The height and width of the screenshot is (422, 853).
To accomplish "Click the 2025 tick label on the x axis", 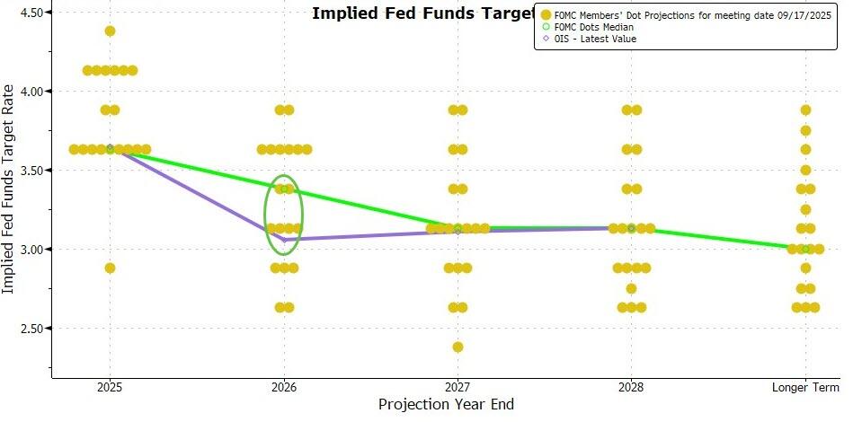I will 110,388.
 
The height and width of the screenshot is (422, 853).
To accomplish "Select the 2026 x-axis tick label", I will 284,388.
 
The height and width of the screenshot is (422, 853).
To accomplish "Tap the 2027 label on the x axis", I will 458,388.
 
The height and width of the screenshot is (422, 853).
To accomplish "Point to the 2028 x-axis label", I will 631,388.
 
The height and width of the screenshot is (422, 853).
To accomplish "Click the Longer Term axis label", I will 805,388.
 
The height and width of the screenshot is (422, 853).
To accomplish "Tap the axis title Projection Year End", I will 446,405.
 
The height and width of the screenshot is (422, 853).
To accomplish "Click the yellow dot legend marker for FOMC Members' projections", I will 545,14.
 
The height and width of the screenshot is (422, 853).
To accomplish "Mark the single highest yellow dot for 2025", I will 110,31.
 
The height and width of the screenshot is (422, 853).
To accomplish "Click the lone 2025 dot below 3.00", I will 110,268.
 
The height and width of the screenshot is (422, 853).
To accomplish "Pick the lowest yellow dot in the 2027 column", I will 458,347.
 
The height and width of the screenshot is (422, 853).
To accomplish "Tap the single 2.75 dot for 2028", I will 631,288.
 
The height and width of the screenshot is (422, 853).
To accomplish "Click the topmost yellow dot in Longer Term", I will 805,110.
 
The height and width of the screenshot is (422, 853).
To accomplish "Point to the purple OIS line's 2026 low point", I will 285,240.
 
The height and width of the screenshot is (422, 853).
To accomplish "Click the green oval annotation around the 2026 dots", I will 265,203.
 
